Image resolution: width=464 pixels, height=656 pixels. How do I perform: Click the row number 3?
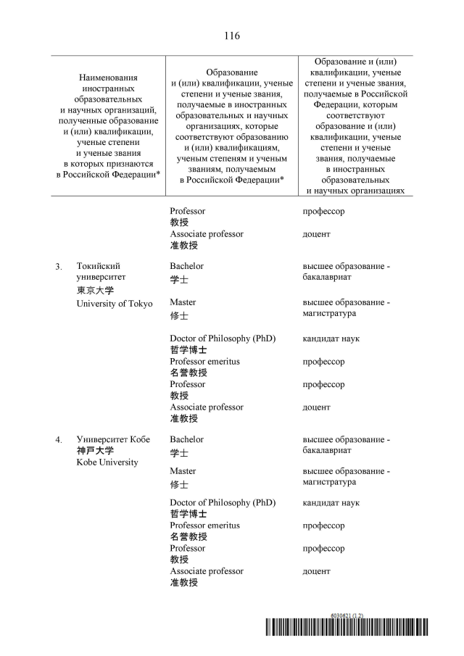58,267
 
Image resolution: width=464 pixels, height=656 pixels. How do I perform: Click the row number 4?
58,440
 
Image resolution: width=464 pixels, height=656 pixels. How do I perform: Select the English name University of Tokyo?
115,304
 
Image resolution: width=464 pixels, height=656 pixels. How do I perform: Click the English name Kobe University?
107,462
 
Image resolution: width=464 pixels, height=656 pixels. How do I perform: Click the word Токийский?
98,267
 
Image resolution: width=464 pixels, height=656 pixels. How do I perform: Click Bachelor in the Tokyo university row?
186,266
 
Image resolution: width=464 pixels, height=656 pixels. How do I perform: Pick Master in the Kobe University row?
183,471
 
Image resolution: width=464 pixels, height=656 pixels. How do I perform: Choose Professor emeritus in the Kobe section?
204,526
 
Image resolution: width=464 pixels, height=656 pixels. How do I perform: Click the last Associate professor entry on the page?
207,571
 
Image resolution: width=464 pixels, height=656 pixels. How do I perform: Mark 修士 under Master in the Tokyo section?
179,317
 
